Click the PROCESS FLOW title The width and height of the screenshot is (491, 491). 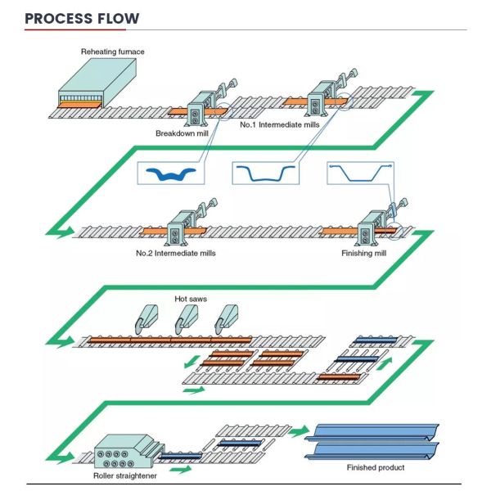click(x=82, y=18)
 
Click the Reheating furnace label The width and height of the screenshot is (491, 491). click(x=112, y=52)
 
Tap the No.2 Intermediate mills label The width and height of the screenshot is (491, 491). click(x=176, y=253)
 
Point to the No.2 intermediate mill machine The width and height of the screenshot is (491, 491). click(x=176, y=228)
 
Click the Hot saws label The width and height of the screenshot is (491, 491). click(x=191, y=300)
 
